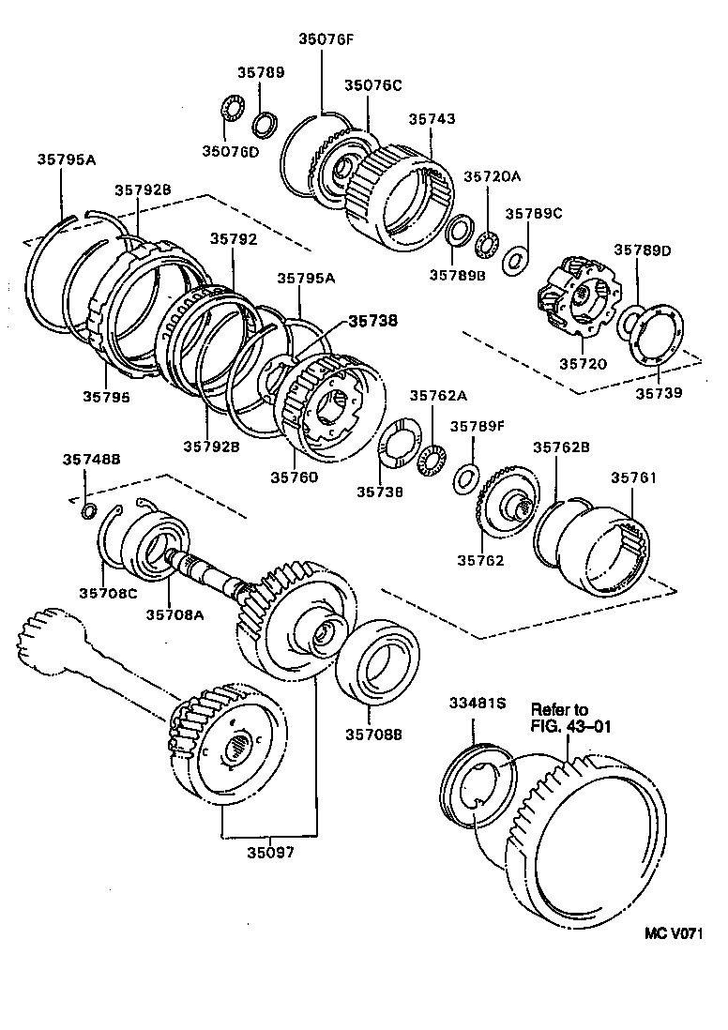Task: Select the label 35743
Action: coord(432,119)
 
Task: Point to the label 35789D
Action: coord(643,250)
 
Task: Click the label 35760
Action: coord(295,477)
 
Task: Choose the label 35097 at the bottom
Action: coord(270,853)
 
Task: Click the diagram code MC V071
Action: coord(674,933)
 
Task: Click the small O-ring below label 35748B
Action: coord(87,511)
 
